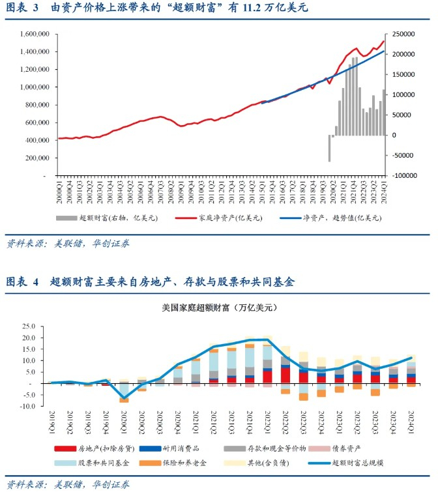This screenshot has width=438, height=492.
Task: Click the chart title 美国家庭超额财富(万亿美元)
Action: click(218, 306)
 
